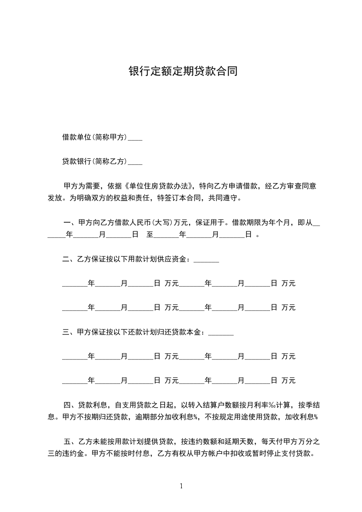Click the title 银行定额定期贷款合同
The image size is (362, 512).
click(183, 72)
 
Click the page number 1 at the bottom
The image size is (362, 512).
click(181, 486)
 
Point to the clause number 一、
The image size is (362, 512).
click(70, 223)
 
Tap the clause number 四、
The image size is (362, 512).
click(69, 405)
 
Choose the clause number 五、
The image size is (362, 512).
click(69, 442)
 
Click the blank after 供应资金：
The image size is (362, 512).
click(206, 261)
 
